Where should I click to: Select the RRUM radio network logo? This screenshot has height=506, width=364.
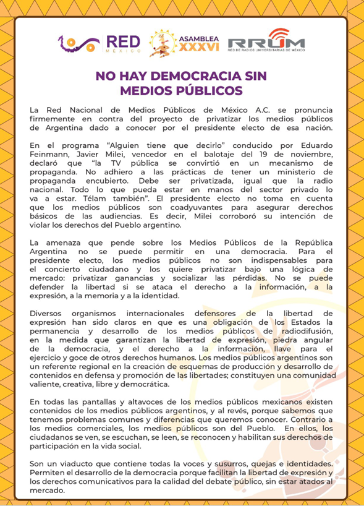coord(266,43)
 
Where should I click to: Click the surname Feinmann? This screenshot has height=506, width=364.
coord(50,154)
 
